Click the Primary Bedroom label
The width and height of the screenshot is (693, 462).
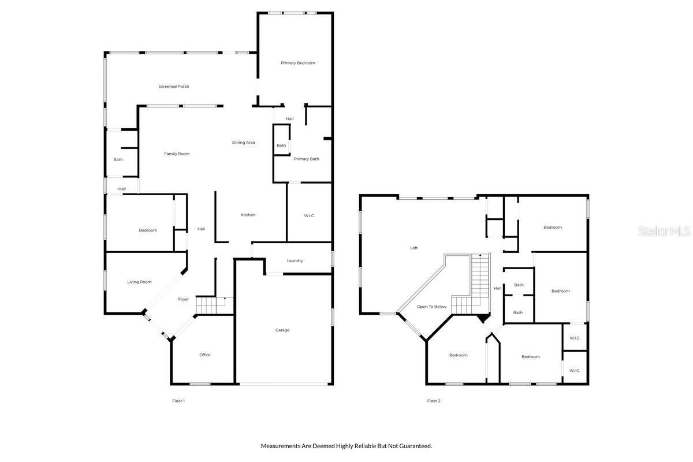pyautogui.click(x=298, y=63)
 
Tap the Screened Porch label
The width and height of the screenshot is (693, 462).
pyautogui.click(x=174, y=87)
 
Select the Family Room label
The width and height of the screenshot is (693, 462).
pyautogui.click(x=177, y=154)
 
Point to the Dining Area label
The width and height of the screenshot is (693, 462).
pyautogui.click(x=243, y=143)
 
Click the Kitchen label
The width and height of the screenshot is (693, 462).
pyautogui.click(x=248, y=215)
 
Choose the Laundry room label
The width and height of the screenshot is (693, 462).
pyautogui.click(x=295, y=260)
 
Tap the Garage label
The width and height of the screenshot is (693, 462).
pyautogui.click(x=282, y=330)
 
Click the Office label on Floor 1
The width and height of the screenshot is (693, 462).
pyautogui.click(x=205, y=355)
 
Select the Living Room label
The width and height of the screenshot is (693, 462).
pyautogui.click(x=139, y=282)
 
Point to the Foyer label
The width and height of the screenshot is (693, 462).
pyautogui.click(x=183, y=299)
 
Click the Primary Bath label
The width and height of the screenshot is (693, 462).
pyautogui.click(x=306, y=159)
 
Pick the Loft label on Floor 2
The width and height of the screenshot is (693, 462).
pyautogui.click(x=413, y=248)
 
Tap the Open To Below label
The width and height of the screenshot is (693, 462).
pyautogui.click(x=431, y=307)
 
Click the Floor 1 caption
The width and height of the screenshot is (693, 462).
pyautogui.click(x=178, y=401)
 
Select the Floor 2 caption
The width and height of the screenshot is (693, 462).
pyautogui.click(x=434, y=401)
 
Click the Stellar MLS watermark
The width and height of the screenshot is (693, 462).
pyautogui.click(x=664, y=231)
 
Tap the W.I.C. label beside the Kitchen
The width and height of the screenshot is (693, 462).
pyautogui.click(x=309, y=216)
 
